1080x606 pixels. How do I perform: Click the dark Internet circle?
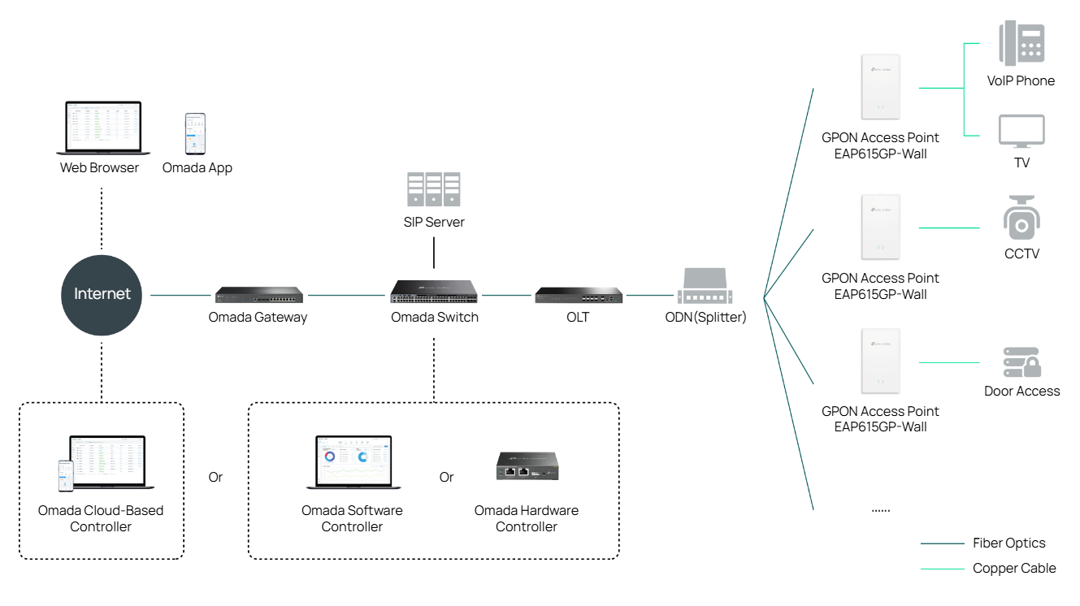102,294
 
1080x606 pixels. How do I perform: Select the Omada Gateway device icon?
259,295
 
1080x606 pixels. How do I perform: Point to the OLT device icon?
579,295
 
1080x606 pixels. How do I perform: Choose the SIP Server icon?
434,189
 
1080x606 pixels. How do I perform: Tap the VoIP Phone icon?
1021,44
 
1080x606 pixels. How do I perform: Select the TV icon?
1021,131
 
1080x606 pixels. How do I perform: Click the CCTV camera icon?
1021,219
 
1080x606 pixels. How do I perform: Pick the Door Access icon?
1021,361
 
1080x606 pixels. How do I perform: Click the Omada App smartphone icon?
195,134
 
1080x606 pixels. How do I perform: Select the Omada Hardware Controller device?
526,466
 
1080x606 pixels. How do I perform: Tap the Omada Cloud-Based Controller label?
101,518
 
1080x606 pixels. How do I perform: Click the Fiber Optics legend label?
1008,543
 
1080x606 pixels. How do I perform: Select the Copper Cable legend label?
1014,569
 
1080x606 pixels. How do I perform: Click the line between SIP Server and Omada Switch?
434,253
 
